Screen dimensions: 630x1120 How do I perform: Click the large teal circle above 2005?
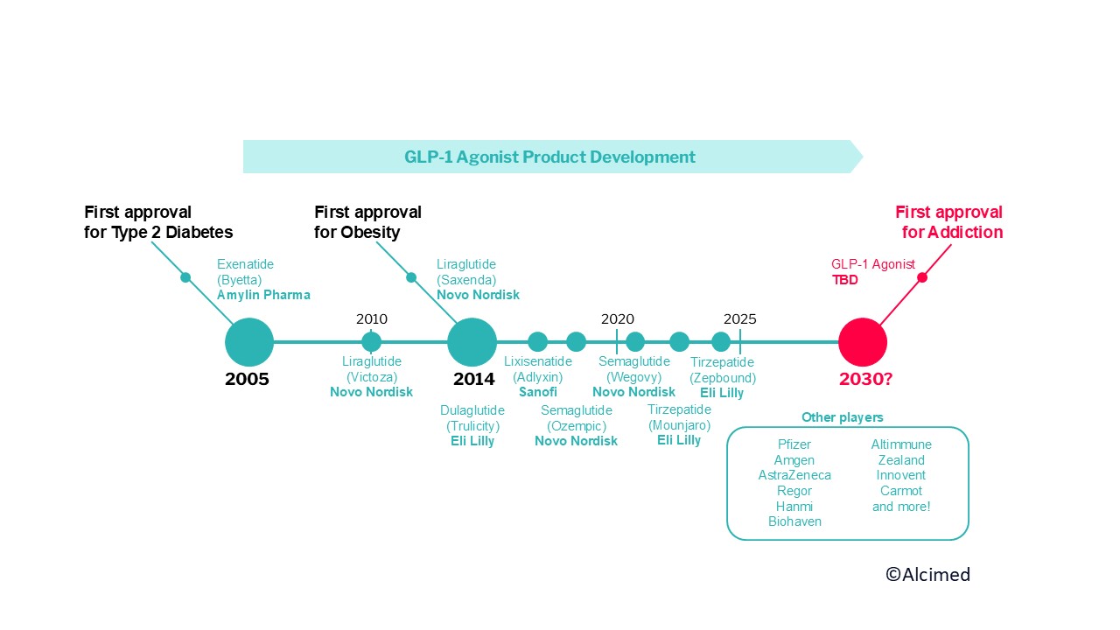click(249, 342)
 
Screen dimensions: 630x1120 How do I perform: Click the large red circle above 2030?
click(863, 342)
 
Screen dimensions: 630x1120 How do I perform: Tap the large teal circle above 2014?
click(472, 342)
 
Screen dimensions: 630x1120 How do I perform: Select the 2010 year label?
click(372, 319)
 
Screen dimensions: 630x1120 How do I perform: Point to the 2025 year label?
click(740, 319)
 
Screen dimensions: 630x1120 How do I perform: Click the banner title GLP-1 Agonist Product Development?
click(549, 157)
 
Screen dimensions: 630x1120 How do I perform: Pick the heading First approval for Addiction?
click(950, 222)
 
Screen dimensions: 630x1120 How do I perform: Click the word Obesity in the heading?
click(370, 233)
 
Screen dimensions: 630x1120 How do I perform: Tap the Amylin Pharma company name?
click(263, 295)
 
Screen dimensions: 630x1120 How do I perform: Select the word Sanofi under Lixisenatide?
click(538, 392)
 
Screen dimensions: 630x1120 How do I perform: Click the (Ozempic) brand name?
click(576, 425)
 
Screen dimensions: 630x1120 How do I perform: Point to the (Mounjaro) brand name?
click(679, 425)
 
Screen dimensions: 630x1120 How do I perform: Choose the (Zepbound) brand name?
click(722, 378)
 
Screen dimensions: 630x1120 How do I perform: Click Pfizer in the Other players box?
click(794, 444)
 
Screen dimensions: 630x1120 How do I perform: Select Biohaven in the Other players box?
click(794, 521)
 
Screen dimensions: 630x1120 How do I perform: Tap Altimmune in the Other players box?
click(901, 444)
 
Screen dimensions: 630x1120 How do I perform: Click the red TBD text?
click(845, 281)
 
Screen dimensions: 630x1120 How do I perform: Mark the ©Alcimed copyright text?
click(927, 575)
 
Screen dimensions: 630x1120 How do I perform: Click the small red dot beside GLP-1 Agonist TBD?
click(921, 277)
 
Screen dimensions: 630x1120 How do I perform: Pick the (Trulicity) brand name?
click(472, 426)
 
